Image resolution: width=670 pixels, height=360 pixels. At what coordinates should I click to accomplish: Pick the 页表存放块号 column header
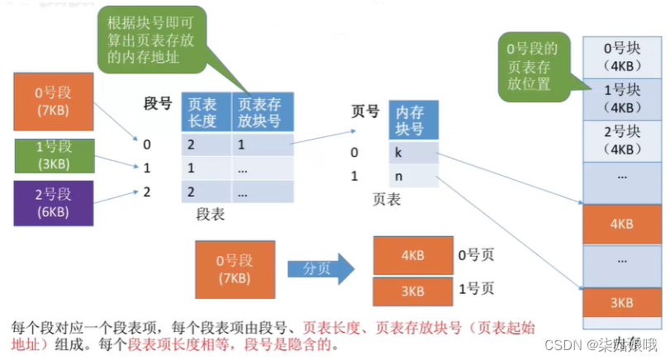(262, 113)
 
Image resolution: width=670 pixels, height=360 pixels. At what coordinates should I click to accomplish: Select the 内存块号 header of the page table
(414, 121)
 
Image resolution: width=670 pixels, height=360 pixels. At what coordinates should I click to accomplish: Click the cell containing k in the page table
(414, 153)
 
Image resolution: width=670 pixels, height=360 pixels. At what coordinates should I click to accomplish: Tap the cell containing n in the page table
(414, 176)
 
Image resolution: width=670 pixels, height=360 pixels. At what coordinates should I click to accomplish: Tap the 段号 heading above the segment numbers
(158, 103)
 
